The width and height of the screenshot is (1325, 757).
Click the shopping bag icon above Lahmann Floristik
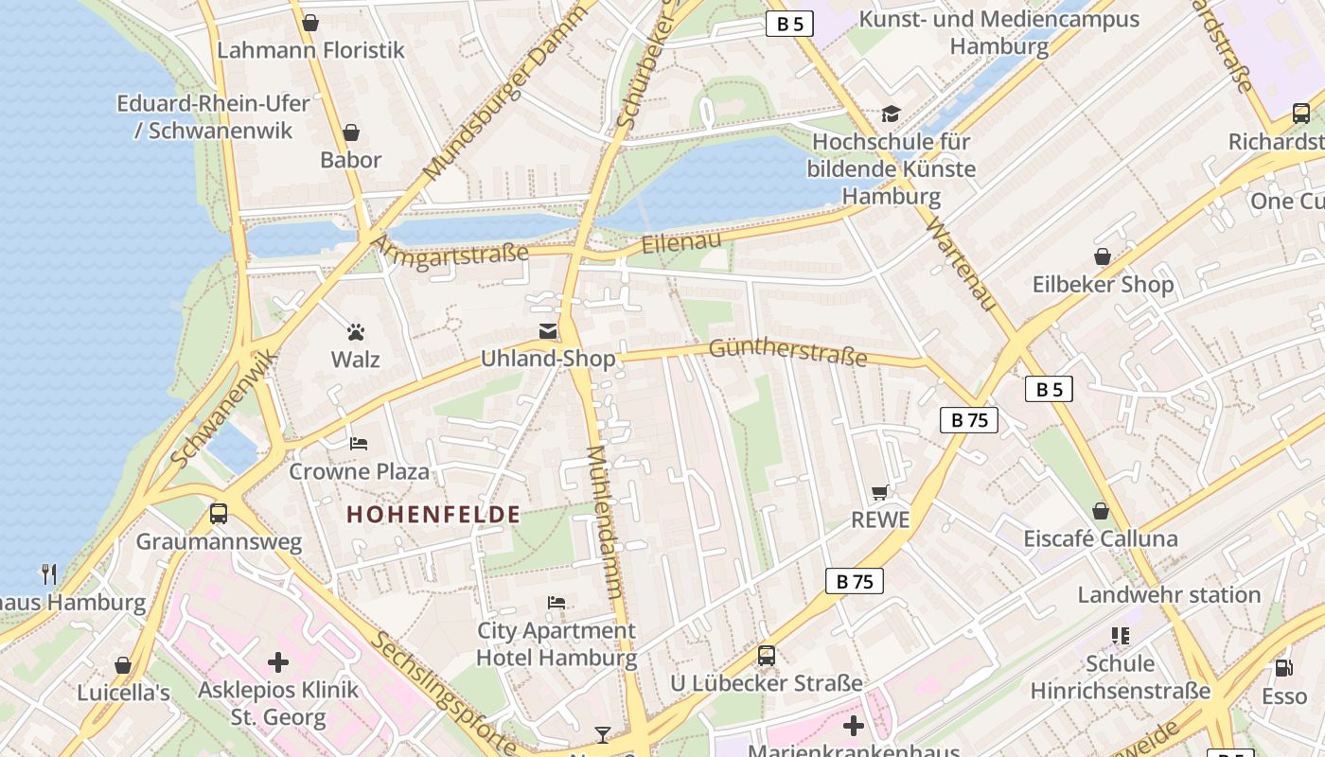point(309,23)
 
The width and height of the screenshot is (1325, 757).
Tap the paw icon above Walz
point(356,332)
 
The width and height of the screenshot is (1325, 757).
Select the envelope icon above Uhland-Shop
point(548,330)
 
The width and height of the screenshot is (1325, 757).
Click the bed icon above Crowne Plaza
point(359,443)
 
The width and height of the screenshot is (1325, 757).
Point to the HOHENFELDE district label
point(433,515)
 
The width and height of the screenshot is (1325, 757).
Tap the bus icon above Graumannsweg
point(219,514)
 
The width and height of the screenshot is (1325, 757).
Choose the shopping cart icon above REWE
point(880,492)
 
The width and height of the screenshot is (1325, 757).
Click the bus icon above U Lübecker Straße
point(767,655)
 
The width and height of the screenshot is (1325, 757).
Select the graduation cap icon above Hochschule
point(891,114)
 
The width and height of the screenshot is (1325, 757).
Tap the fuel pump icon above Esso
point(1284,668)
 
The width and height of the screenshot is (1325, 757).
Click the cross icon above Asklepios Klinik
point(278,661)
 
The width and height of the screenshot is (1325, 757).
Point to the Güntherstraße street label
point(787,352)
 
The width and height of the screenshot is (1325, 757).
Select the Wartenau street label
point(963,264)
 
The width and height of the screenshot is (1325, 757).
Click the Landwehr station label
point(1169,595)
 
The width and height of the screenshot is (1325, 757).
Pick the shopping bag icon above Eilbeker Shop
point(1103,256)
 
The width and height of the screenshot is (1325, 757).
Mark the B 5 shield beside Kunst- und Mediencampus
point(789,25)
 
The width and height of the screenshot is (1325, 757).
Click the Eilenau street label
point(681,242)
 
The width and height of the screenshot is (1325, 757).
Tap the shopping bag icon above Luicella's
point(123,665)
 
